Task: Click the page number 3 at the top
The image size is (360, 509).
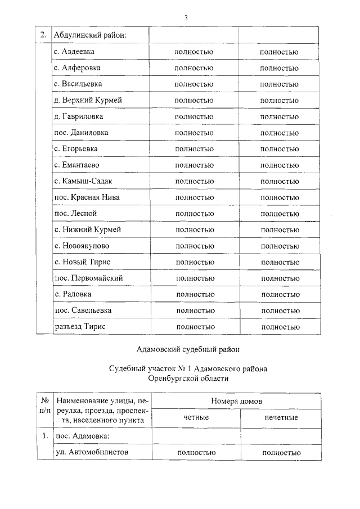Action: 185,18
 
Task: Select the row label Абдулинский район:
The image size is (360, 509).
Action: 89,35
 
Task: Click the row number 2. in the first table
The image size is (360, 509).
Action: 43,35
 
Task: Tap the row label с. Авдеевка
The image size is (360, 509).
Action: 74,52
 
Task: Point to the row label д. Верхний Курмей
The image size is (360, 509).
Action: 88,100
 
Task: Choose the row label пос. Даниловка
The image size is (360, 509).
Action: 81,133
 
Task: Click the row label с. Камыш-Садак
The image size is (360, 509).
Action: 83,181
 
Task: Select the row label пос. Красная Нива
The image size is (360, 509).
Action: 87,197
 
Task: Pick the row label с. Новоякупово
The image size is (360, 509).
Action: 82,246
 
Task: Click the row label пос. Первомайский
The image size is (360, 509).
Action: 88,278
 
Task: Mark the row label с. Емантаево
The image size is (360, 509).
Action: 78,165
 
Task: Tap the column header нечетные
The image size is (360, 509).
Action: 281,417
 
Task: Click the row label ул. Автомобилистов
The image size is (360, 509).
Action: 92,452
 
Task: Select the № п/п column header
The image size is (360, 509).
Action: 43,408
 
